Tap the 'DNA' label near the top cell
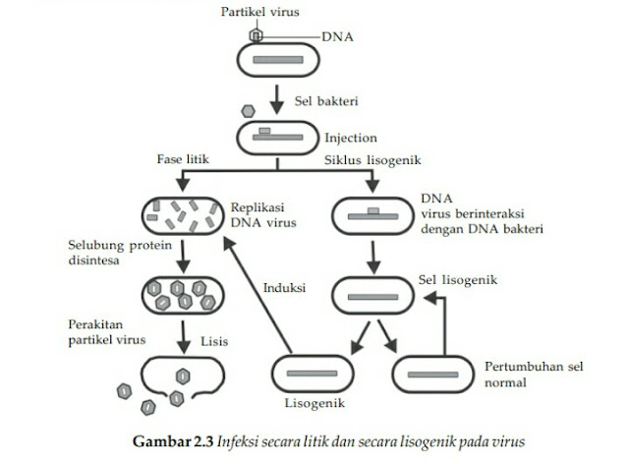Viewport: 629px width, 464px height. click(x=337, y=36)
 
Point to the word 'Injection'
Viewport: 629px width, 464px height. click(x=350, y=137)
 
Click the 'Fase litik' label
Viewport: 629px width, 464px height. click(x=182, y=158)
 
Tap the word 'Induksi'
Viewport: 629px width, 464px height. click(x=284, y=288)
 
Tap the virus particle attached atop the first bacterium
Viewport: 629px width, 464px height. click(x=257, y=34)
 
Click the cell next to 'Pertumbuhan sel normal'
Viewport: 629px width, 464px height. click(x=431, y=375)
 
